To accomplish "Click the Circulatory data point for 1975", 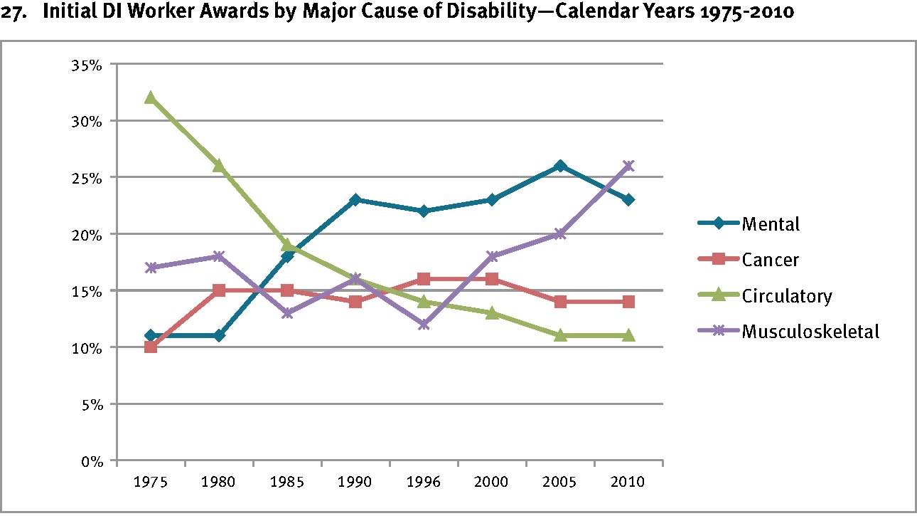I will point(151,98).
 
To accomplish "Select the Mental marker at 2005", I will point(560,166).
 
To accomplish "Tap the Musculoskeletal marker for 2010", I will point(628,166).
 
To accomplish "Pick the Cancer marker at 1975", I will point(151,347).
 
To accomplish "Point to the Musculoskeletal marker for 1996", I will point(424,325).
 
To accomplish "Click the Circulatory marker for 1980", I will point(219,166).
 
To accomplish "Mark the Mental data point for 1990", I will point(355,200).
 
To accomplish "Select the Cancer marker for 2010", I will point(628,302).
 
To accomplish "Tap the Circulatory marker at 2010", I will point(628,335).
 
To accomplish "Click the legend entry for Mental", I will point(771,224).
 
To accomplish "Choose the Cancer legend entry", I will point(770,260).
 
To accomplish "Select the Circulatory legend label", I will point(786,296).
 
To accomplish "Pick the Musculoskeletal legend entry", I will point(810,332).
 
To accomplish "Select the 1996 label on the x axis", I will point(424,482).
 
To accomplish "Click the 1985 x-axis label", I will point(287,482).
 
